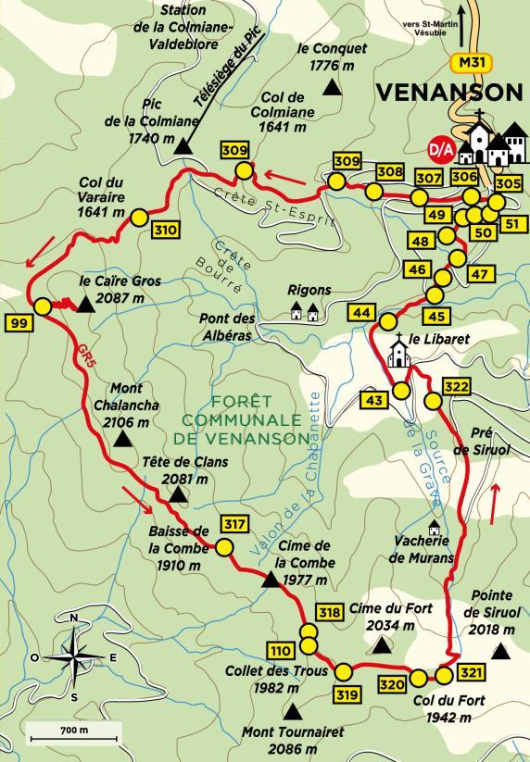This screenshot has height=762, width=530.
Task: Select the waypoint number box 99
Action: pyautogui.click(x=19, y=322)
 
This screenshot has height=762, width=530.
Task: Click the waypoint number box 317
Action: pyautogui.click(x=235, y=525)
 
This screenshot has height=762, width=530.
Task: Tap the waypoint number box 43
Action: pyautogui.click(x=373, y=400)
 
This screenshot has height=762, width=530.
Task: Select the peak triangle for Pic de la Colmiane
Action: pyautogui.click(x=184, y=145)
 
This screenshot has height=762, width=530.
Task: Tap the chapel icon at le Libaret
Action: pyautogui.click(x=398, y=352)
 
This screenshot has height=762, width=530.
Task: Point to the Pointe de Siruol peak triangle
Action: pyautogui.click(x=501, y=652)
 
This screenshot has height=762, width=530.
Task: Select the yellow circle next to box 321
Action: pyautogui.click(x=445, y=675)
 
